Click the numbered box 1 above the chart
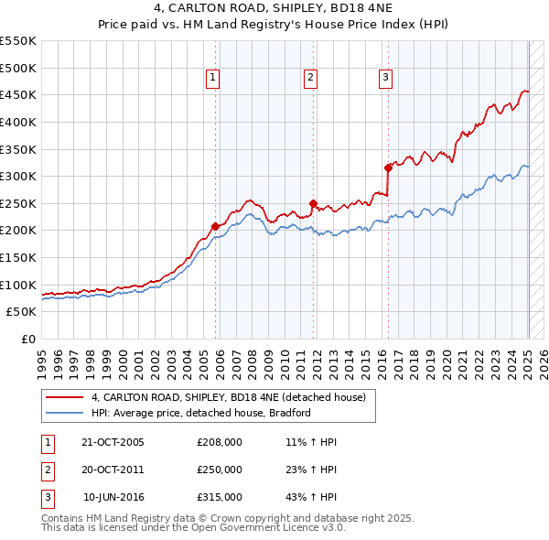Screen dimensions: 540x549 point(212,79)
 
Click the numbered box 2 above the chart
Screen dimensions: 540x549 point(311,79)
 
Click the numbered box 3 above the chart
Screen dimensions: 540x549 point(386,79)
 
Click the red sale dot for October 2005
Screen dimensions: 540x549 point(216,226)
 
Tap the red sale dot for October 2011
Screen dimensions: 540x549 point(313,203)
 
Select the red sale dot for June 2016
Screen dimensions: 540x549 point(388,167)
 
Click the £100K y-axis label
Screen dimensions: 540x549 point(18,285)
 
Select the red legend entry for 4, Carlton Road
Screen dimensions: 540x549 point(229,397)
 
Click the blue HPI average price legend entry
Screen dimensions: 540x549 point(201,413)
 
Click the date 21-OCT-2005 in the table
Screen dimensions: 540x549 point(113,442)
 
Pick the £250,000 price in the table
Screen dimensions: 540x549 point(220,470)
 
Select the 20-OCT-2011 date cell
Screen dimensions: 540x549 point(113,470)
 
